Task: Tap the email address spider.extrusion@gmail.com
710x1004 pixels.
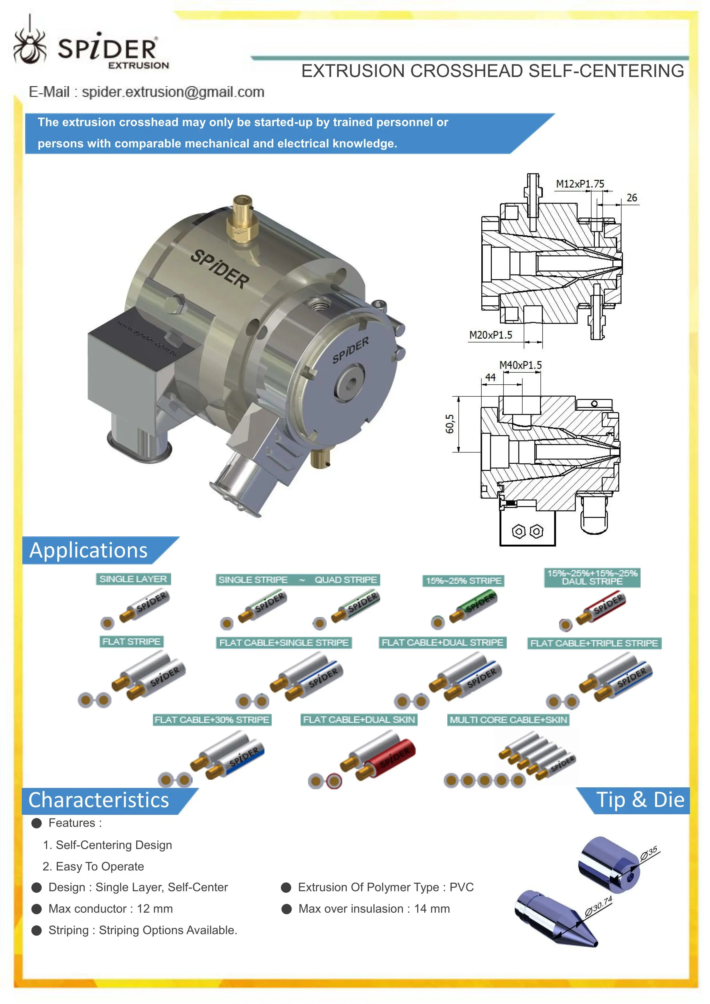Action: click(173, 92)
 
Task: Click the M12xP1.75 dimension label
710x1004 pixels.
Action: click(580, 184)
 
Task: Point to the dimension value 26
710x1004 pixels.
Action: click(632, 198)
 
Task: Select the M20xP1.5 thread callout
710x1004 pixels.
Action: click(491, 335)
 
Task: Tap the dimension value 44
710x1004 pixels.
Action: click(491, 378)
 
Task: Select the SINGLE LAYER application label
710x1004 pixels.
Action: click(133, 579)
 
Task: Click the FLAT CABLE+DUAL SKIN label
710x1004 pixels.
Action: click(359, 720)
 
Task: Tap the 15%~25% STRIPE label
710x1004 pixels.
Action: click(463, 581)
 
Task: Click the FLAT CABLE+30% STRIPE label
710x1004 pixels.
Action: click(212, 720)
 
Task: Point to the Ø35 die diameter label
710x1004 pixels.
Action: click(649, 853)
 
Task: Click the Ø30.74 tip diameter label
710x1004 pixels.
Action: click(598, 906)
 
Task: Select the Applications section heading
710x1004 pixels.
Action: click(89, 550)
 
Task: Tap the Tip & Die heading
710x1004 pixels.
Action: click(640, 800)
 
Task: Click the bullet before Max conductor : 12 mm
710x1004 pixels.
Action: click(37, 909)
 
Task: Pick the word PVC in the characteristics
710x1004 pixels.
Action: click(462, 887)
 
